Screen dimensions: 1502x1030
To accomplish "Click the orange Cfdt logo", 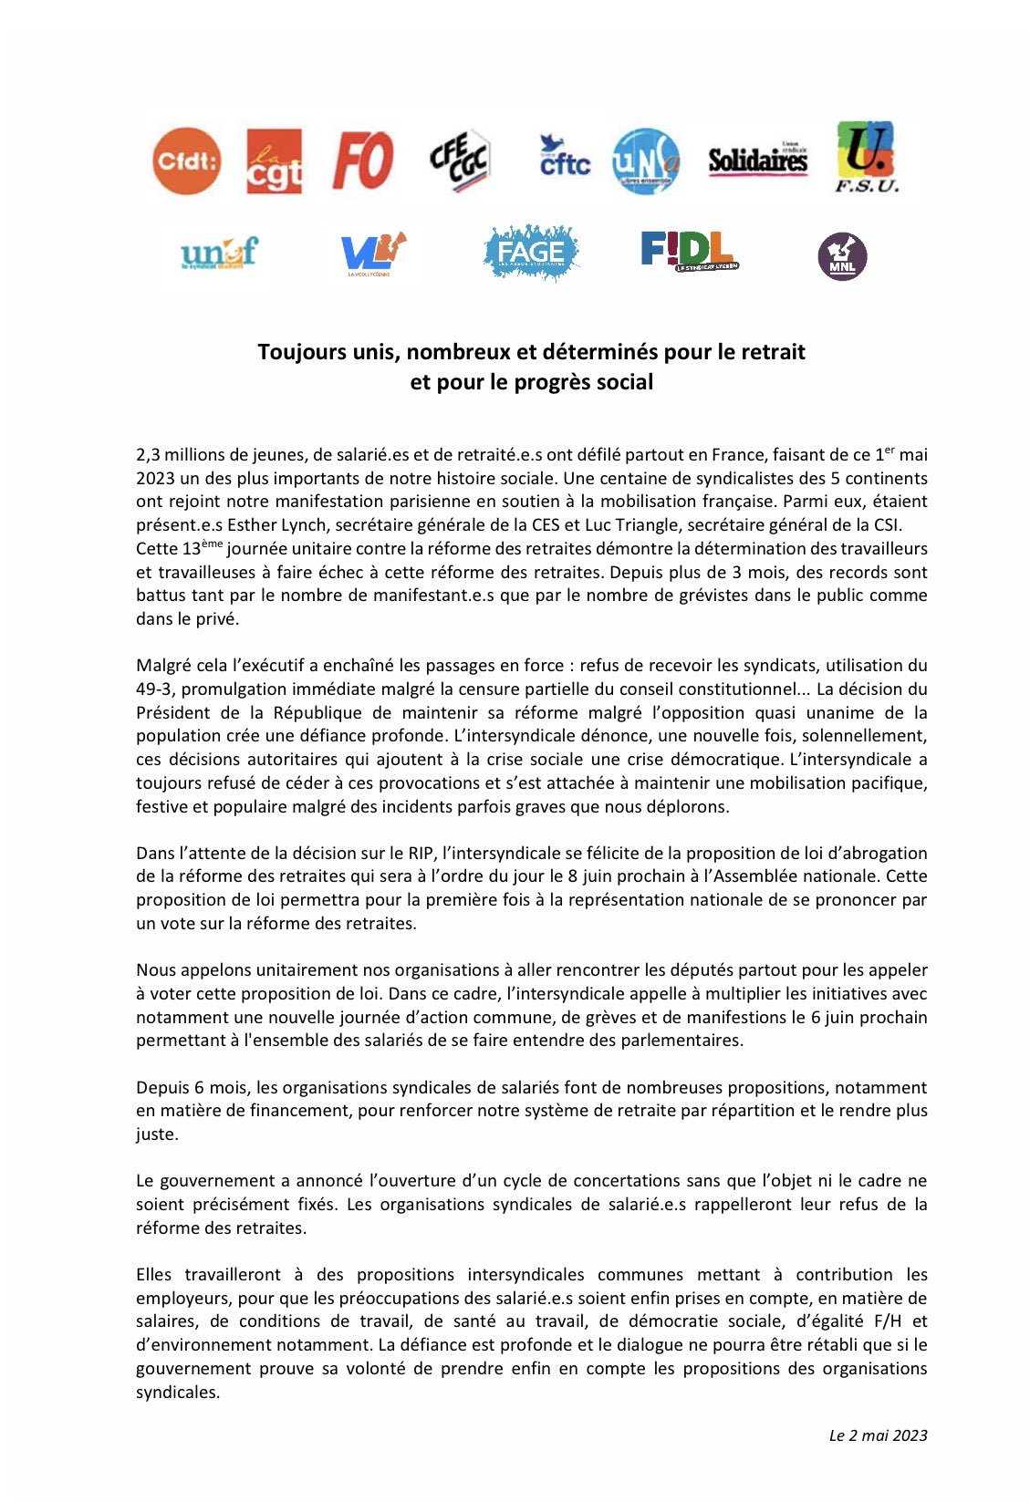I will [x=186, y=161].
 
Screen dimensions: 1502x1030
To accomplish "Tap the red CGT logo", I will [x=274, y=161].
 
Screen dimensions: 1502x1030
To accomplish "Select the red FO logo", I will [x=362, y=161].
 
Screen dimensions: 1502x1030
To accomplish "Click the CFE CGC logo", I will [x=460, y=161].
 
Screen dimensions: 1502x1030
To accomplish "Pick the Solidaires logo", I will [x=757, y=161].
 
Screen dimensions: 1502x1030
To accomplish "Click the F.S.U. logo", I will [x=866, y=157].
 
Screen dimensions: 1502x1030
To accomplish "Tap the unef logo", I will [x=219, y=252].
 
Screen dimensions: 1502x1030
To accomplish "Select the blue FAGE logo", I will [x=531, y=253].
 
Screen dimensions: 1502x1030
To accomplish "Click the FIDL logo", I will [x=689, y=251].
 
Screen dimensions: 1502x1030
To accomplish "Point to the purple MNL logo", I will [x=842, y=256].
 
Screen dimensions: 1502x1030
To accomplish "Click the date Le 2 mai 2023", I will [x=878, y=1435].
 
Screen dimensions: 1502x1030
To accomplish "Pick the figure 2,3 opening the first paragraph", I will [x=149, y=455].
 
